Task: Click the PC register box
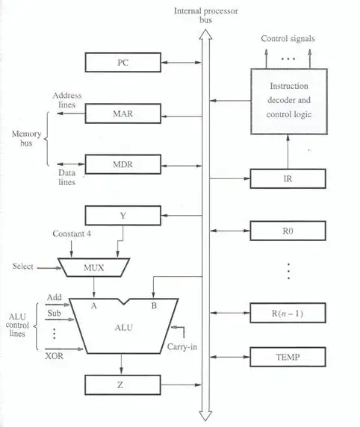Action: [x=122, y=62]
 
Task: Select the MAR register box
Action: [x=122, y=113]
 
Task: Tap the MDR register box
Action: [x=122, y=163]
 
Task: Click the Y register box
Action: [x=122, y=216]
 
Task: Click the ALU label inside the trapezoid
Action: [x=122, y=328]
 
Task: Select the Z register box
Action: [x=122, y=385]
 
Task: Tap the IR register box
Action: [x=288, y=179]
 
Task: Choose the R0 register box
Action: [x=288, y=231]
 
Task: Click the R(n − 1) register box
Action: [x=288, y=313]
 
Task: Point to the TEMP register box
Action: [x=288, y=358]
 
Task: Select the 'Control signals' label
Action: [x=288, y=38]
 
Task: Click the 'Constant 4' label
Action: [x=72, y=234]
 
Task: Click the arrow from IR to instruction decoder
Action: [x=288, y=152]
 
